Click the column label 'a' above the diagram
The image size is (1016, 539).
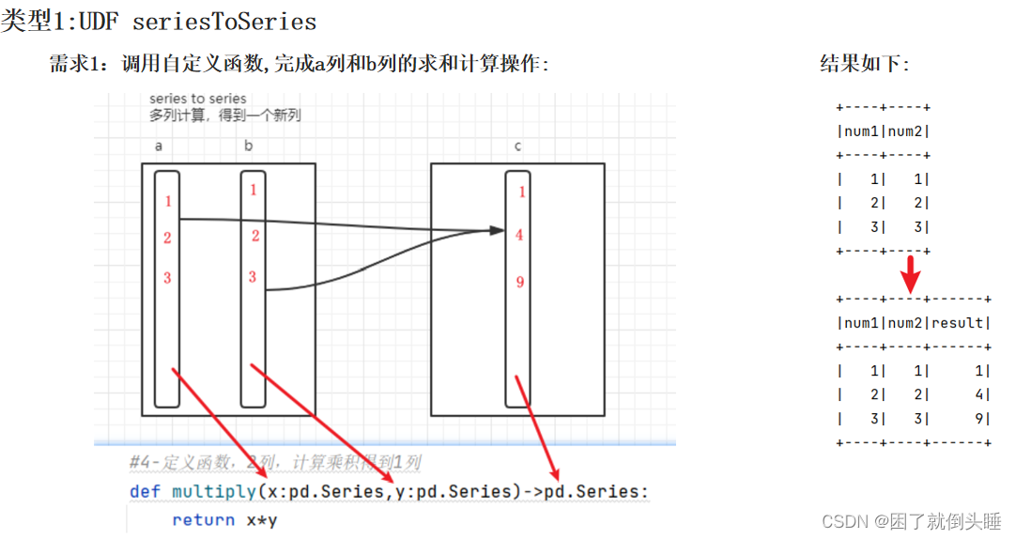click(x=159, y=146)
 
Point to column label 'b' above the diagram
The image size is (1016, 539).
click(x=248, y=146)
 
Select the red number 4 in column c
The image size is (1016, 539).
click(x=520, y=236)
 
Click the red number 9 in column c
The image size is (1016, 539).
click(x=520, y=282)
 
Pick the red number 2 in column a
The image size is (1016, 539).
click(x=167, y=238)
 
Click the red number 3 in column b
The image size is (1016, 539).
click(x=253, y=276)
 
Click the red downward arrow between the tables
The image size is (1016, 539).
click(x=910, y=274)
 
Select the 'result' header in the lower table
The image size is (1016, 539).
click(x=958, y=323)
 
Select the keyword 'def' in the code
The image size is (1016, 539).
click(x=145, y=492)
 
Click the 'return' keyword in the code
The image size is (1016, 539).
click(x=204, y=520)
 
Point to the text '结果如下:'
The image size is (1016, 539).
click(x=865, y=64)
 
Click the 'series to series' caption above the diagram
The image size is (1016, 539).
click(x=198, y=99)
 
